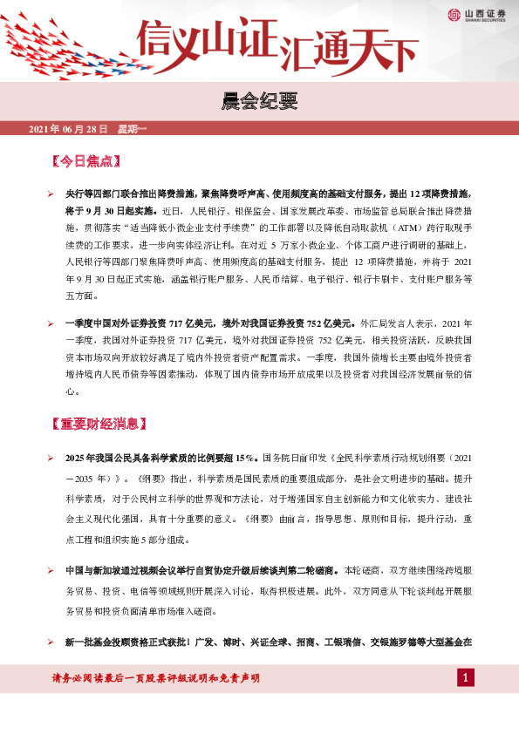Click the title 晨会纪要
coord(259,104)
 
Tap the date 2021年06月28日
coord(68,129)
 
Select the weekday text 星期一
coord(131,129)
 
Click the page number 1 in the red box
coord(466,677)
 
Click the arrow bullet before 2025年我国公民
coord(51,457)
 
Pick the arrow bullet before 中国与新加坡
coord(51,569)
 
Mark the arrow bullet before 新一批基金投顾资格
coord(51,642)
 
